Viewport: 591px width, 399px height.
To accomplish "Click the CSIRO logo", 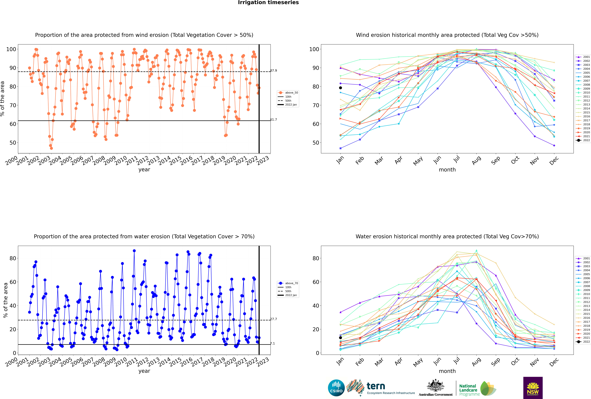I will point(336,388).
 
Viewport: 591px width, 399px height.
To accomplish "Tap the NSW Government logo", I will point(533,388).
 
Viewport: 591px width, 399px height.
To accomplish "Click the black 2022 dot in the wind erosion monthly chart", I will point(340,88).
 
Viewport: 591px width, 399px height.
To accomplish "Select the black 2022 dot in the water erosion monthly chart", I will point(340,338).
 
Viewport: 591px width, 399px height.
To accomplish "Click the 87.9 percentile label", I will point(274,70).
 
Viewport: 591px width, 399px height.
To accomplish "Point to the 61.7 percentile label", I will point(274,120).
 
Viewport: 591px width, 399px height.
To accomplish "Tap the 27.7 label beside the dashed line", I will point(274,319).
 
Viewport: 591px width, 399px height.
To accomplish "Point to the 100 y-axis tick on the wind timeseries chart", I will point(11,49).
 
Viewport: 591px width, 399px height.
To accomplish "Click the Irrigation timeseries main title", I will point(268,3).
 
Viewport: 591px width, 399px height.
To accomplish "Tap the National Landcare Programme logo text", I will point(468,390).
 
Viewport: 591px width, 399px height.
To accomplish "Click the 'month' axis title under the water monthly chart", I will point(447,371).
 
